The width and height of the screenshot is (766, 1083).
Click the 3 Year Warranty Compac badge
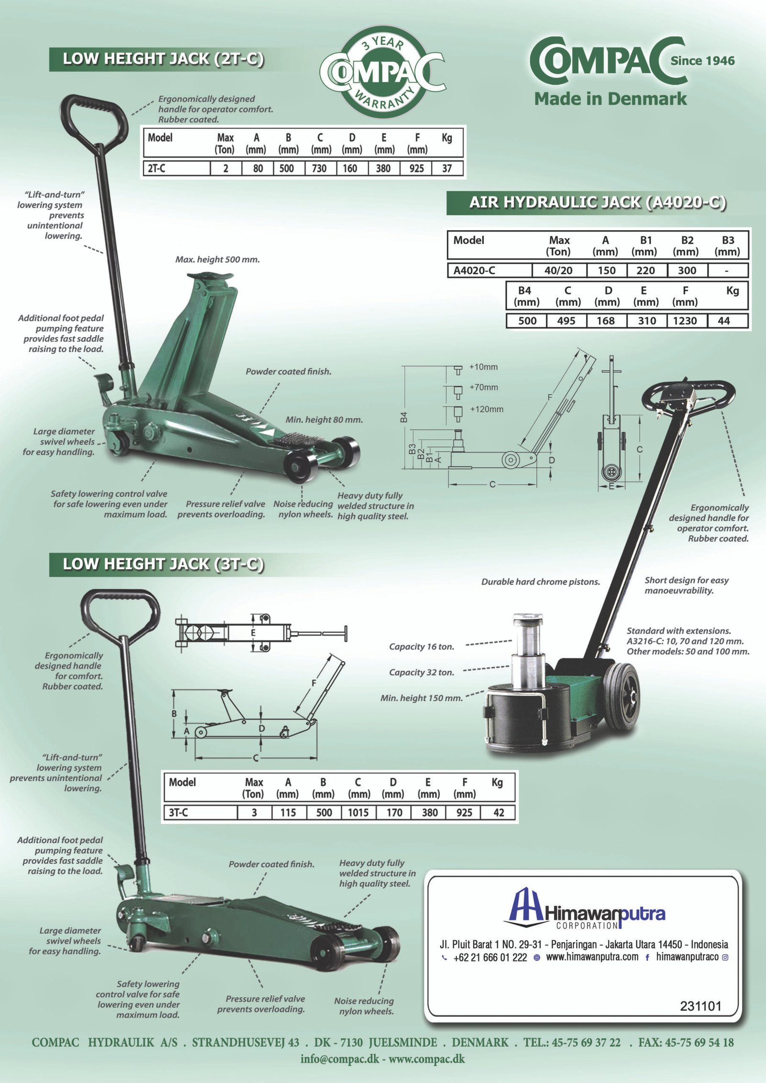[x=382, y=72]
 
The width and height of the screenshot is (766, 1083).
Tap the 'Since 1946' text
[x=702, y=61]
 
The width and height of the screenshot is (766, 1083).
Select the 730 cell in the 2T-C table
[x=319, y=168]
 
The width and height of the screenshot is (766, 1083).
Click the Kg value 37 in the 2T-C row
[x=447, y=168]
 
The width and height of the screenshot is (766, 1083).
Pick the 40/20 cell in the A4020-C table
[x=558, y=270]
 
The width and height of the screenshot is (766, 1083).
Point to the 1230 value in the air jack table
[x=685, y=321]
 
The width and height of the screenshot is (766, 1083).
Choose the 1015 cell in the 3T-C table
[x=358, y=813]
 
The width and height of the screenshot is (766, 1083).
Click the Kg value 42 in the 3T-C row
[x=498, y=813]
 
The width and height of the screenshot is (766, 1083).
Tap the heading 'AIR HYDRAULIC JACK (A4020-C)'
[x=597, y=202]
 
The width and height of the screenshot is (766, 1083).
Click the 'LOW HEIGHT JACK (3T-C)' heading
[x=163, y=564]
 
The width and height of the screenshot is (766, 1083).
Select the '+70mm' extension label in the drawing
[x=484, y=387]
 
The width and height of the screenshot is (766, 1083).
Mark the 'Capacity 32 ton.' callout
[x=421, y=672]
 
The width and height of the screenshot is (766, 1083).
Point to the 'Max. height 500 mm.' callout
[x=217, y=259]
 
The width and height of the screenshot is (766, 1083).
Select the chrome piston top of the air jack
[x=528, y=619]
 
